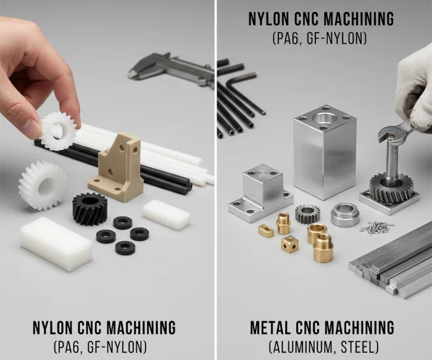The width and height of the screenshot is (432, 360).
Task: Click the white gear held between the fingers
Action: (59, 131)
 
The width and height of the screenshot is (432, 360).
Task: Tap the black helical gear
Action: (90, 208)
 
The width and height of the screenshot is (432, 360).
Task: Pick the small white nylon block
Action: (167, 215)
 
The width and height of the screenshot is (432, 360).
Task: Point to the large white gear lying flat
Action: (43, 185)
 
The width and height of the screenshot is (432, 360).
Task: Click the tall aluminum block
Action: (325, 152)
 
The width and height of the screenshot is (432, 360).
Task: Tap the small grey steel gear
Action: (305, 214)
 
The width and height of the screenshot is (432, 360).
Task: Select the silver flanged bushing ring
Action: (344, 214)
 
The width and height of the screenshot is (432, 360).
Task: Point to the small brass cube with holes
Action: (290, 244)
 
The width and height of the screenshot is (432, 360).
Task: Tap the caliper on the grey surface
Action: (172, 68)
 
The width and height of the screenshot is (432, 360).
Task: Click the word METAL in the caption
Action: (272, 327)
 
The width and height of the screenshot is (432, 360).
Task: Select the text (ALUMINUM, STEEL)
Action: (323, 347)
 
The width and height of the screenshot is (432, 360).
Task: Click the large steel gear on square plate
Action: (391, 188)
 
